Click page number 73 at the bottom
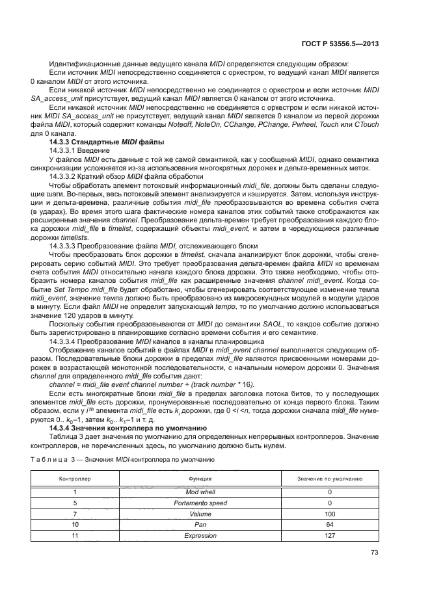pyautogui.click(x=375, y=553)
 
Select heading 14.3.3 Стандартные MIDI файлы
pyautogui.click(x=106, y=141)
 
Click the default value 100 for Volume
pyautogui.click(x=330, y=514)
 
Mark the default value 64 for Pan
pyautogui.click(x=330, y=524)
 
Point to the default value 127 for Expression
pyautogui.click(x=330, y=535)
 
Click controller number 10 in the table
pyautogui.click(x=75, y=524)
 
